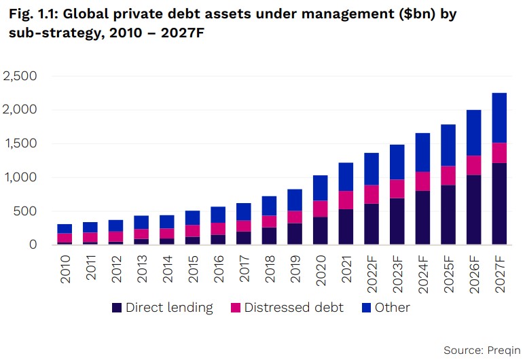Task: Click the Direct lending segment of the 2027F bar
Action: pos(500,203)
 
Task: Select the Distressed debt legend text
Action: pos(293,308)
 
